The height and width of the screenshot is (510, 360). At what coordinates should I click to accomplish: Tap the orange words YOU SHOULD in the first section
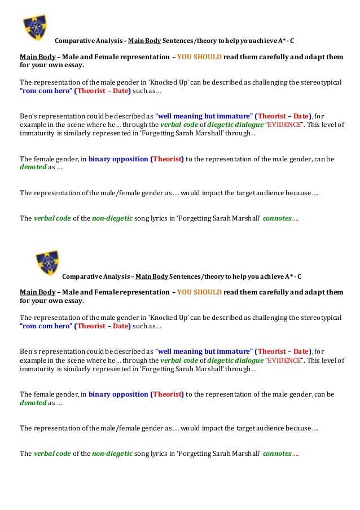point(199,57)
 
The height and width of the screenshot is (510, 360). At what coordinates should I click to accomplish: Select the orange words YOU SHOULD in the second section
point(199,292)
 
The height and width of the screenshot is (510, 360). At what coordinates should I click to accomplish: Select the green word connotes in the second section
point(277,453)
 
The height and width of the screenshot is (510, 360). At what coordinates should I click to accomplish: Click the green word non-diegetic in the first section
point(112,218)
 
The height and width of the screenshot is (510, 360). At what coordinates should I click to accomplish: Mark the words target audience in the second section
point(258,428)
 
